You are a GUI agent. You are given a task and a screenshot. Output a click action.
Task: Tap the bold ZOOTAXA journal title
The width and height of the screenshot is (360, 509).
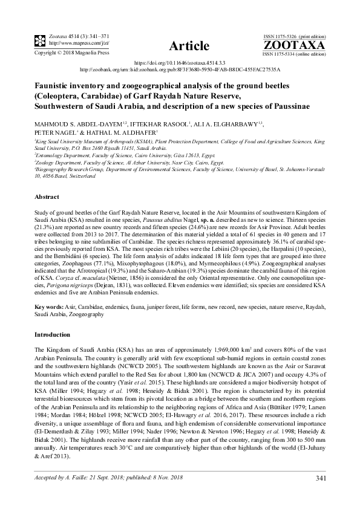pos(294,45)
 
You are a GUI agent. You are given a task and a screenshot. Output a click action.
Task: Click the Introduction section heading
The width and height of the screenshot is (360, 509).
pos(53,334)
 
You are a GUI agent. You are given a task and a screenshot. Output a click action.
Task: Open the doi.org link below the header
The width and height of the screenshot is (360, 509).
pos(179,62)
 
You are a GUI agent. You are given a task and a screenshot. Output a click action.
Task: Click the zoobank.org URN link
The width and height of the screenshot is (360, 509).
pos(180,70)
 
